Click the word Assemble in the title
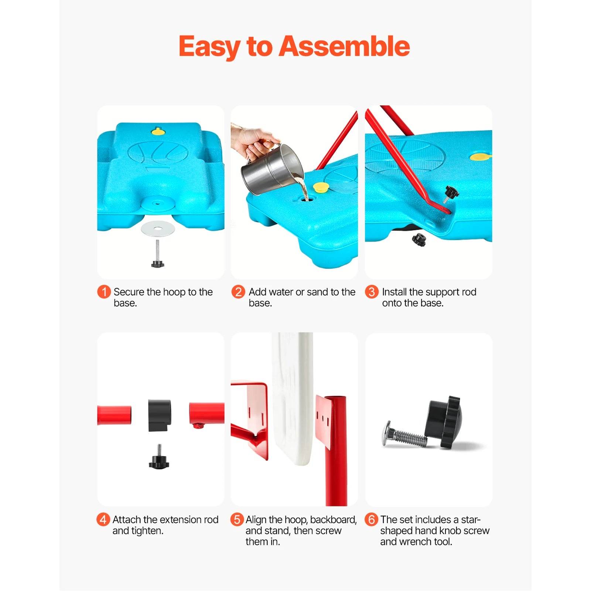tap(344, 47)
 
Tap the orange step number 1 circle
tap(104, 292)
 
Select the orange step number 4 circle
tap(103, 519)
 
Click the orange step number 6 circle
tap(371, 519)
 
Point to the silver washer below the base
tap(158, 229)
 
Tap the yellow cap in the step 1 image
tap(158, 131)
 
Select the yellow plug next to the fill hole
tap(320, 187)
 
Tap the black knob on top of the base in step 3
tap(451, 192)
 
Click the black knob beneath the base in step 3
tap(419, 239)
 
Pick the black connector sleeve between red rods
tap(160, 415)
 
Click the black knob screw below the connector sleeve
tap(159, 459)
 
